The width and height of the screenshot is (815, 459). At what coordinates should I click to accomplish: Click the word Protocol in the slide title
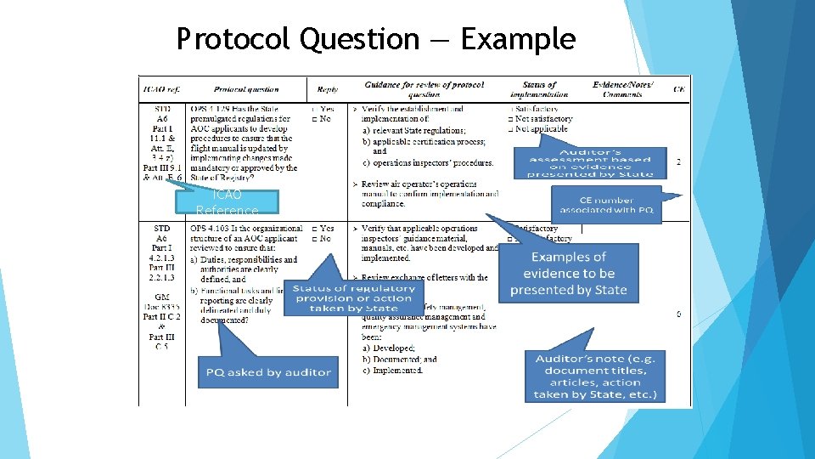(225, 39)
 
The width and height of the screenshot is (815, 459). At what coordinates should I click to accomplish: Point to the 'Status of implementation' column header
(539, 89)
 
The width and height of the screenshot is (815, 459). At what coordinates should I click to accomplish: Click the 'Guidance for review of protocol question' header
(424, 89)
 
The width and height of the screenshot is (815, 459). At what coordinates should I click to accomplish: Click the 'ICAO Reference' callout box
(227, 201)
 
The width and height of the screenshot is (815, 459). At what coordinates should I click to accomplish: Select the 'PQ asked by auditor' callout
(267, 371)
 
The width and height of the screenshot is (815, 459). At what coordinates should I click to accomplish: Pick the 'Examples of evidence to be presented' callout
(568, 274)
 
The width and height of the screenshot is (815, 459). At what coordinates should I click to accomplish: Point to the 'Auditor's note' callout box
(594, 376)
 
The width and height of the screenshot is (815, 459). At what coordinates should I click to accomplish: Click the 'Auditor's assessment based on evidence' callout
(589, 161)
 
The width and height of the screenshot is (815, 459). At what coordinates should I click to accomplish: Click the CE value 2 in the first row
(677, 161)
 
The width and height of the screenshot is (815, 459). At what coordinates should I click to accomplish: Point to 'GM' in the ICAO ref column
(161, 298)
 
